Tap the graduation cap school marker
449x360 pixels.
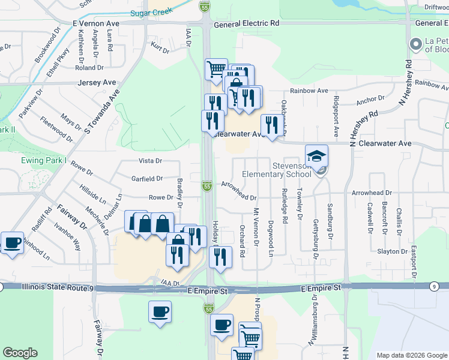(x=316, y=157)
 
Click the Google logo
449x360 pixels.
(x=20, y=353)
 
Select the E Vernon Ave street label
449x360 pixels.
(x=96, y=23)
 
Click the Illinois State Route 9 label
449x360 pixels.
(x=58, y=288)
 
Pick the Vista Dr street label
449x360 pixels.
(x=151, y=161)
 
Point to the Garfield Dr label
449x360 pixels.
(x=147, y=178)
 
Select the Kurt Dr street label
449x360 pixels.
(x=160, y=48)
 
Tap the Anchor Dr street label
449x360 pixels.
(x=370, y=100)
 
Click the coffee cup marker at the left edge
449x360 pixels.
(x=12, y=243)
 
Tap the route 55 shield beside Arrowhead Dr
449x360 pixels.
(x=206, y=187)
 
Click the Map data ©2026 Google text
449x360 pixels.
(x=411, y=355)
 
